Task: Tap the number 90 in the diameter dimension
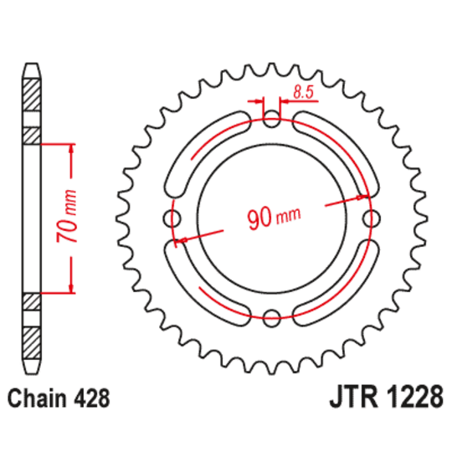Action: (261, 219)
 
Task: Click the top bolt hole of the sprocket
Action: (271, 121)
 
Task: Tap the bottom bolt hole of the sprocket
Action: (271, 316)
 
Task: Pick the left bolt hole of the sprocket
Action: (174, 218)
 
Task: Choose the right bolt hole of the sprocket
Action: (369, 218)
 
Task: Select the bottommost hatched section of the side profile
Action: (31, 343)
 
